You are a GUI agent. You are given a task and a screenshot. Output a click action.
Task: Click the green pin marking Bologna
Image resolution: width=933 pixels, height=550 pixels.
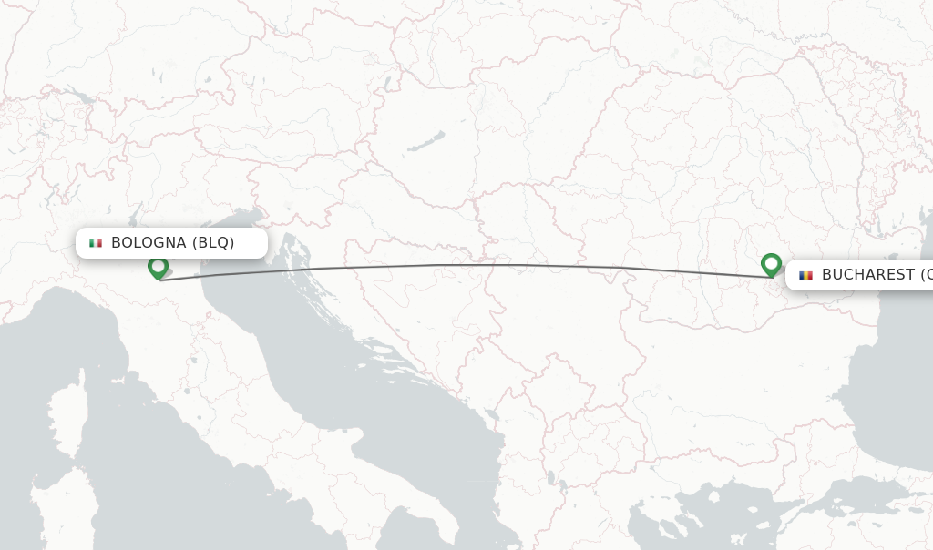pos(158,267)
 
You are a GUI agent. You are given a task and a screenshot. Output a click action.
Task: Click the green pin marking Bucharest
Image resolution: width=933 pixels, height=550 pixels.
pos(771,264)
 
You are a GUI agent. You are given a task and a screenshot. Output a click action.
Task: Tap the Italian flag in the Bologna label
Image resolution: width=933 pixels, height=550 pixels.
pos(96,243)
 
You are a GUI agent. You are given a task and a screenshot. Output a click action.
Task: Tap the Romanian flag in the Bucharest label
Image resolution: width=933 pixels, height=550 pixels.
pos(805,275)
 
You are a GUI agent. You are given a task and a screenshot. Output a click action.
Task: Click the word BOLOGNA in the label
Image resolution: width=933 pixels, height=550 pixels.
pos(149,243)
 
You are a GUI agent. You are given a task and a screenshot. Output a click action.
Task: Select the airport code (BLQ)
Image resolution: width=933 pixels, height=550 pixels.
pos(213,243)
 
